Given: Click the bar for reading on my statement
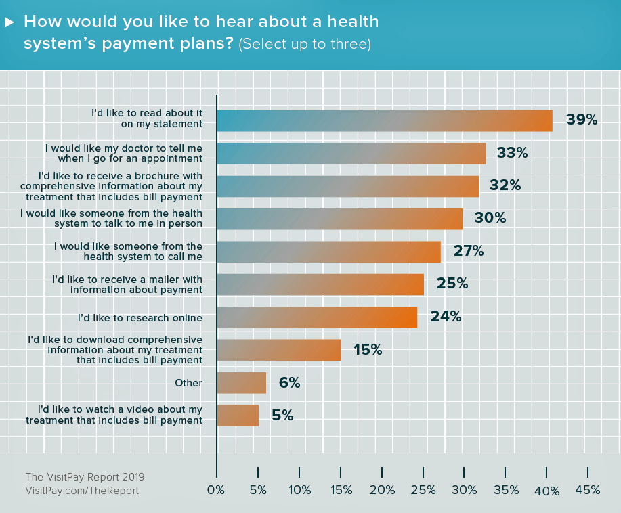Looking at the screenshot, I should (x=384, y=120).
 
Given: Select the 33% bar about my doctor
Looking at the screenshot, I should (x=351, y=153).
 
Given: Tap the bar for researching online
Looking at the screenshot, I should (x=316, y=317).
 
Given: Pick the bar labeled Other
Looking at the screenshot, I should (x=241, y=383).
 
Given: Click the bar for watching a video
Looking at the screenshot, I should (x=238, y=415).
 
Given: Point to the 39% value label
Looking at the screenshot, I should (x=582, y=120).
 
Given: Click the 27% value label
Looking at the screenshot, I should (x=468, y=252).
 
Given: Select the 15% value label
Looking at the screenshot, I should (x=368, y=350).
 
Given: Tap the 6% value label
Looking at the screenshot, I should (x=289, y=383).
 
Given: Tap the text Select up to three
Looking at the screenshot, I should (x=305, y=44).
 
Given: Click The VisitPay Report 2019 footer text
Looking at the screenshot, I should (x=85, y=477).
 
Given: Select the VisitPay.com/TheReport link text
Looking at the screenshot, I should (x=81, y=490).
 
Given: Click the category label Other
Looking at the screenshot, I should (x=188, y=383).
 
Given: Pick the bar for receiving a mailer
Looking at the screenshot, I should (x=320, y=284).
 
